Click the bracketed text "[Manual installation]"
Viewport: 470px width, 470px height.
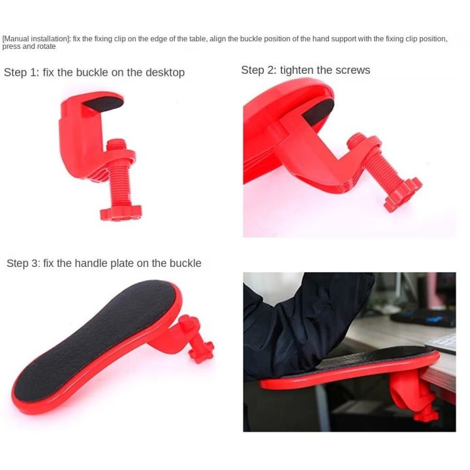(x=36, y=39)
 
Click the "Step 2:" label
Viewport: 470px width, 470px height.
(x=259, y=70)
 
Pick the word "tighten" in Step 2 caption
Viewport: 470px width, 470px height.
(x=300, y=70)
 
